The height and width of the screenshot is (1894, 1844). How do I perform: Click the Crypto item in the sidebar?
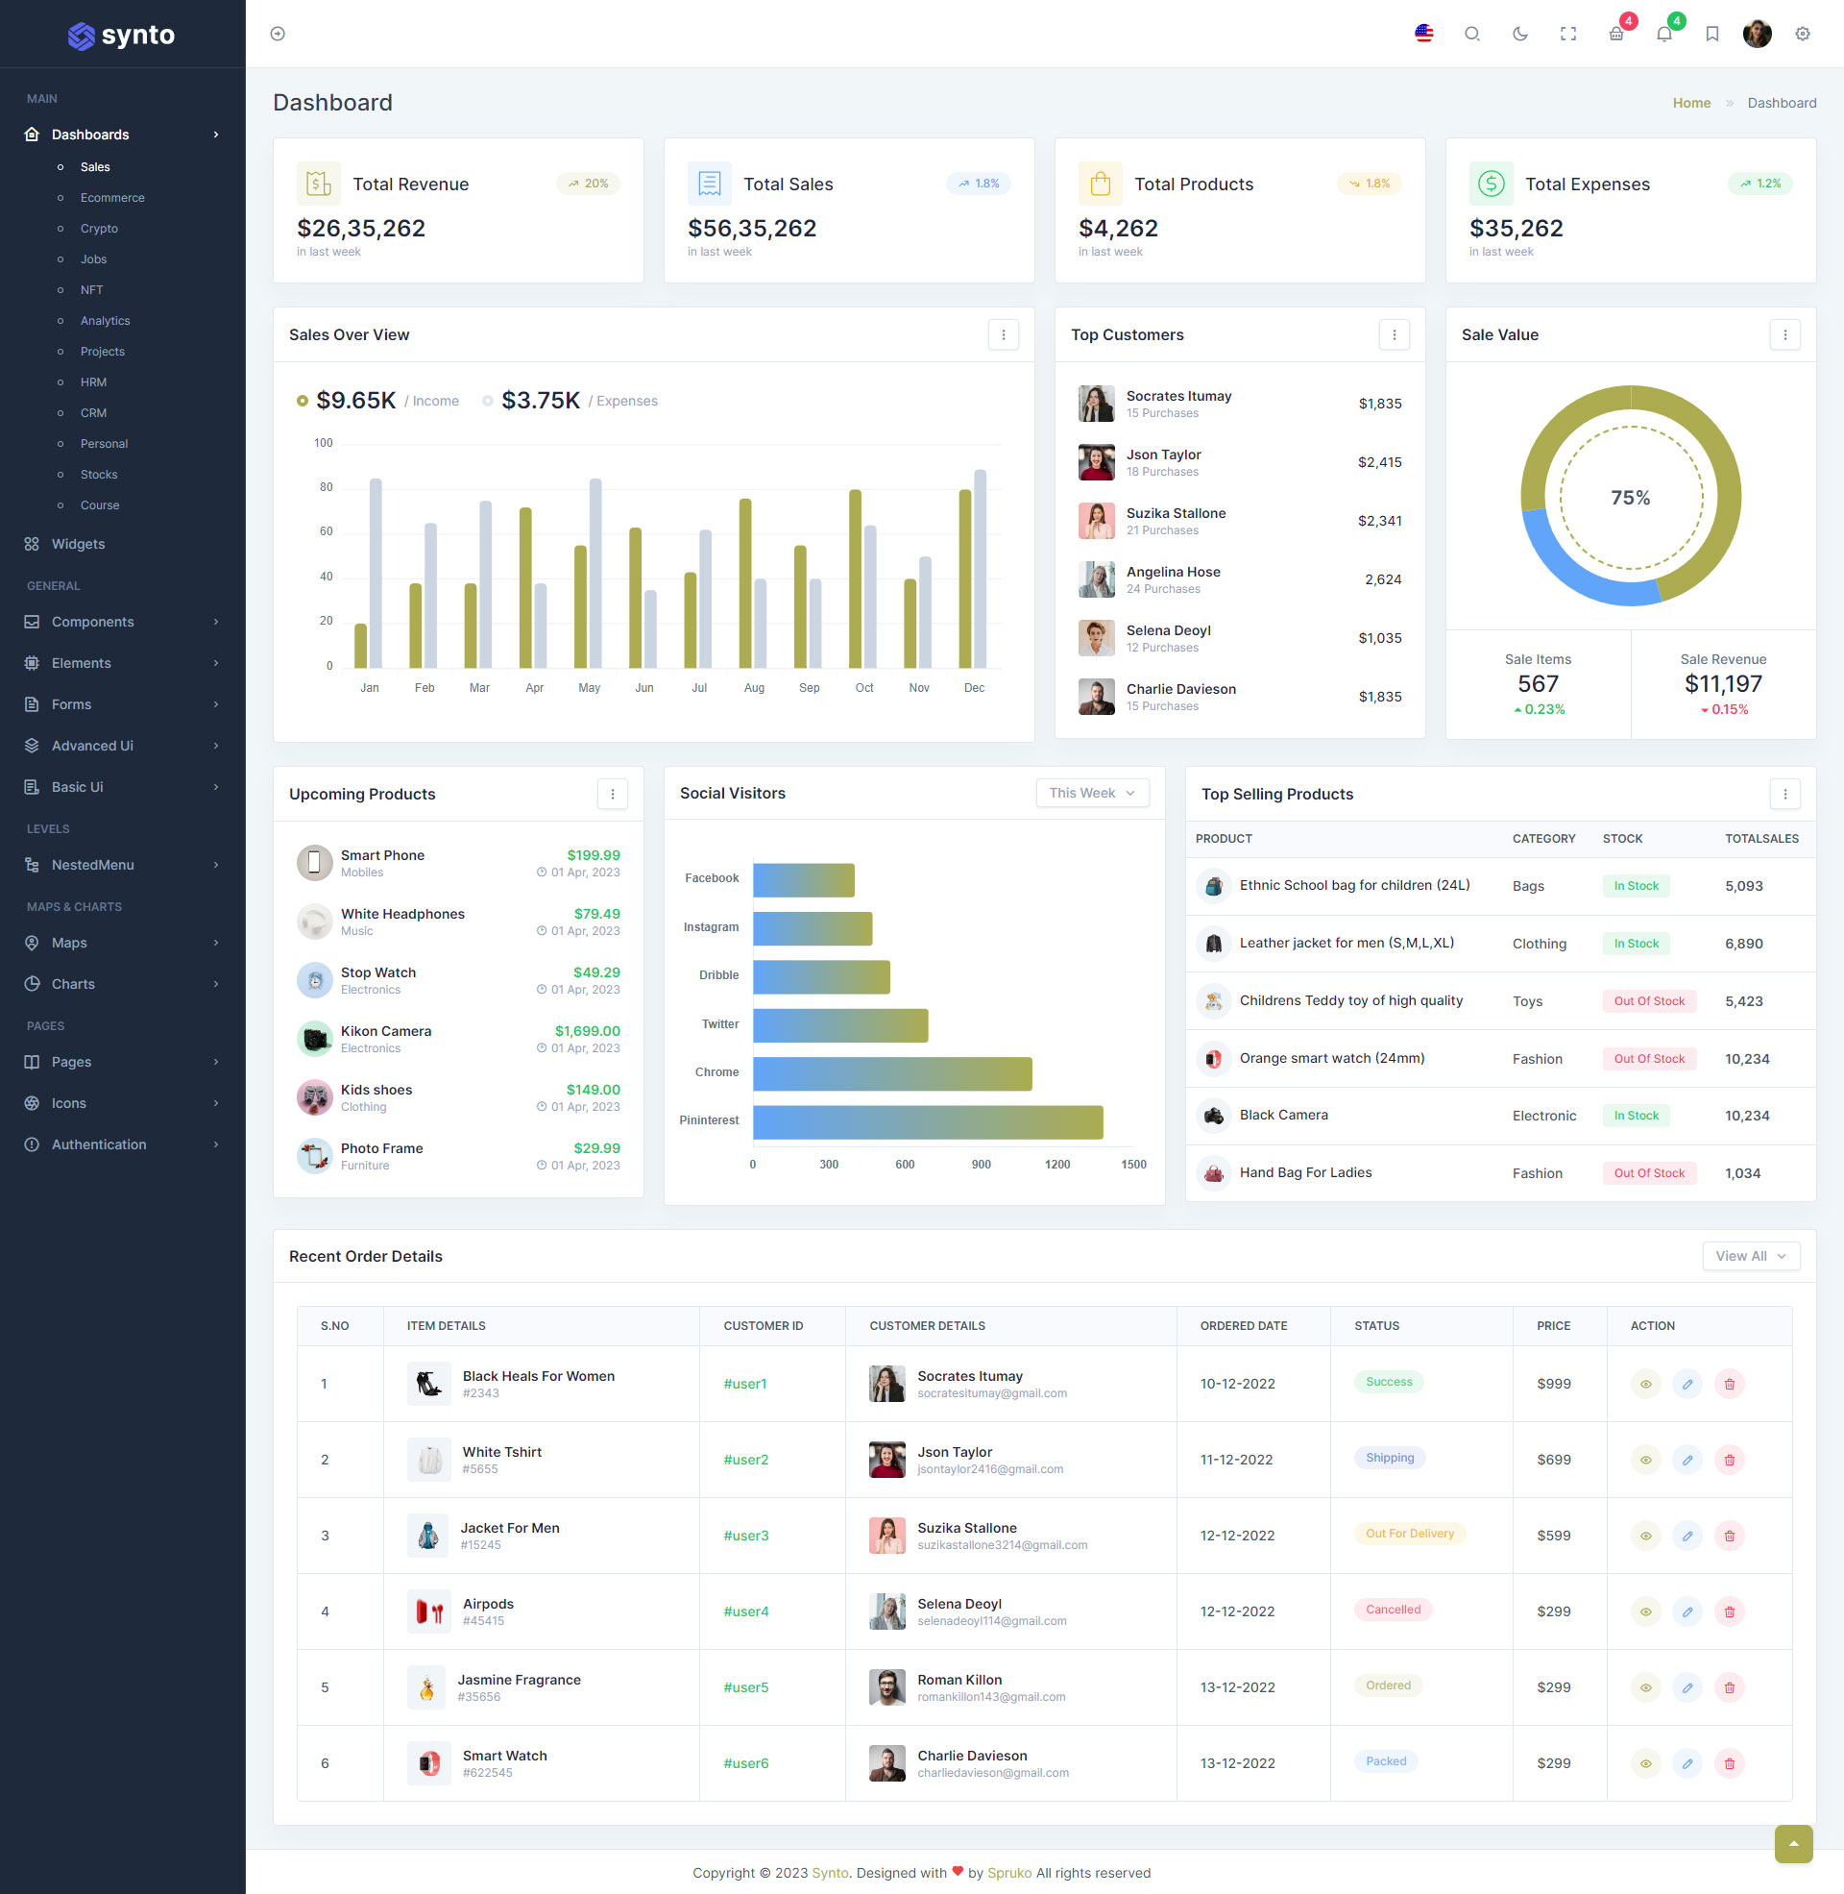99,229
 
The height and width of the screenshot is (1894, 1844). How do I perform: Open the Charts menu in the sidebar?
74,984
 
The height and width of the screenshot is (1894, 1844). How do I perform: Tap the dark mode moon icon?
1519,34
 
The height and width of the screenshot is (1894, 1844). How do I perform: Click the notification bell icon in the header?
1663,34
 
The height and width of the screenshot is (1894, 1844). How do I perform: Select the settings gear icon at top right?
1803,34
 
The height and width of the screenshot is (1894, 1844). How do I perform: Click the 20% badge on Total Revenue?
588,184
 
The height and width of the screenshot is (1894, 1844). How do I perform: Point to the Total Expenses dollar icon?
1491,184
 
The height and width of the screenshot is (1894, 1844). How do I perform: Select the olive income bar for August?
744,583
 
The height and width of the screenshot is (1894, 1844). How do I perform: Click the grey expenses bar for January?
376,574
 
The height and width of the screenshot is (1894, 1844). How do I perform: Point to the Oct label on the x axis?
863,688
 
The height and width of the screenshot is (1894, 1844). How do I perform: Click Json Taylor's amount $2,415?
1379,462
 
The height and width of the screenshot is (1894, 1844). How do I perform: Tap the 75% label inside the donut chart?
1630,498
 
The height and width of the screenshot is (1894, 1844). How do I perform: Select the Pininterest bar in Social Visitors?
927,1121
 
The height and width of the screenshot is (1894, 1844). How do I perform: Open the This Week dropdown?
1091,794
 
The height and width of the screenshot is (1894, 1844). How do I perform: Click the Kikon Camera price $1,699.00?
587,1031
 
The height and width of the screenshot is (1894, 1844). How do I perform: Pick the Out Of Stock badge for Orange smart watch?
1648,1059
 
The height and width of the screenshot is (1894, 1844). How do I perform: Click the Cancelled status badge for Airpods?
1393,1611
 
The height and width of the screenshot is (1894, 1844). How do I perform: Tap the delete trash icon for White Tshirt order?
1729,1460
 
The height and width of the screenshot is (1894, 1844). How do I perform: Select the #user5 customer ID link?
745,1687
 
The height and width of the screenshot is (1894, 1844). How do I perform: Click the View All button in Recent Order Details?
1750,1257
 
